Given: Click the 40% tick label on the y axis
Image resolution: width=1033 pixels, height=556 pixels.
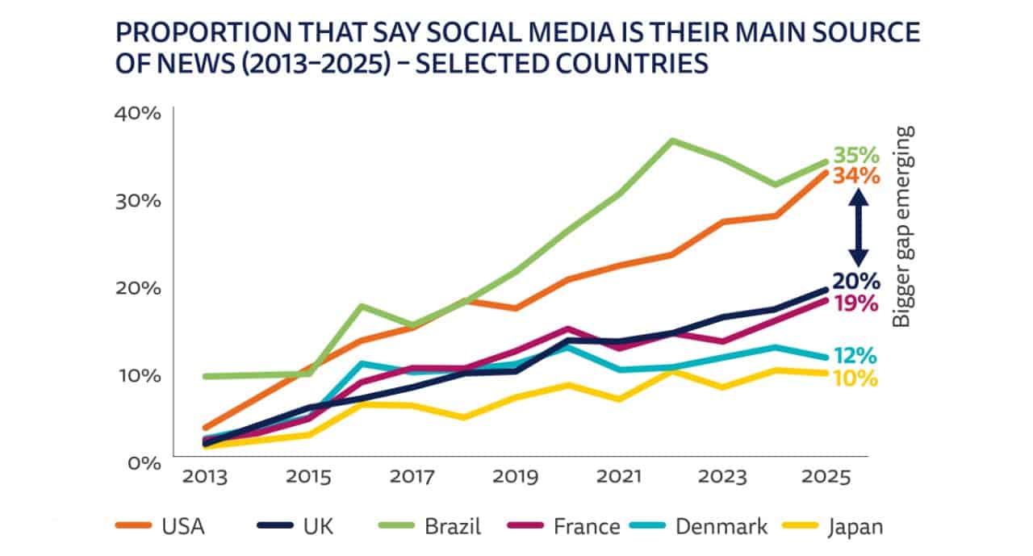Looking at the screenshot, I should click(139, 113).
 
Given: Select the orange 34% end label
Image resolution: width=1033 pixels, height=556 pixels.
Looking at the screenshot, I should click(855, 175).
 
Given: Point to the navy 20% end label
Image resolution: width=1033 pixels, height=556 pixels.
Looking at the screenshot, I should click(855, 282).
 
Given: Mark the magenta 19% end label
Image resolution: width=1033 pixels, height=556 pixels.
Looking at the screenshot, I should click(855, 304).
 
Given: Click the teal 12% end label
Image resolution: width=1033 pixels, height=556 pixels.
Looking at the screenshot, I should click(855, 356).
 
